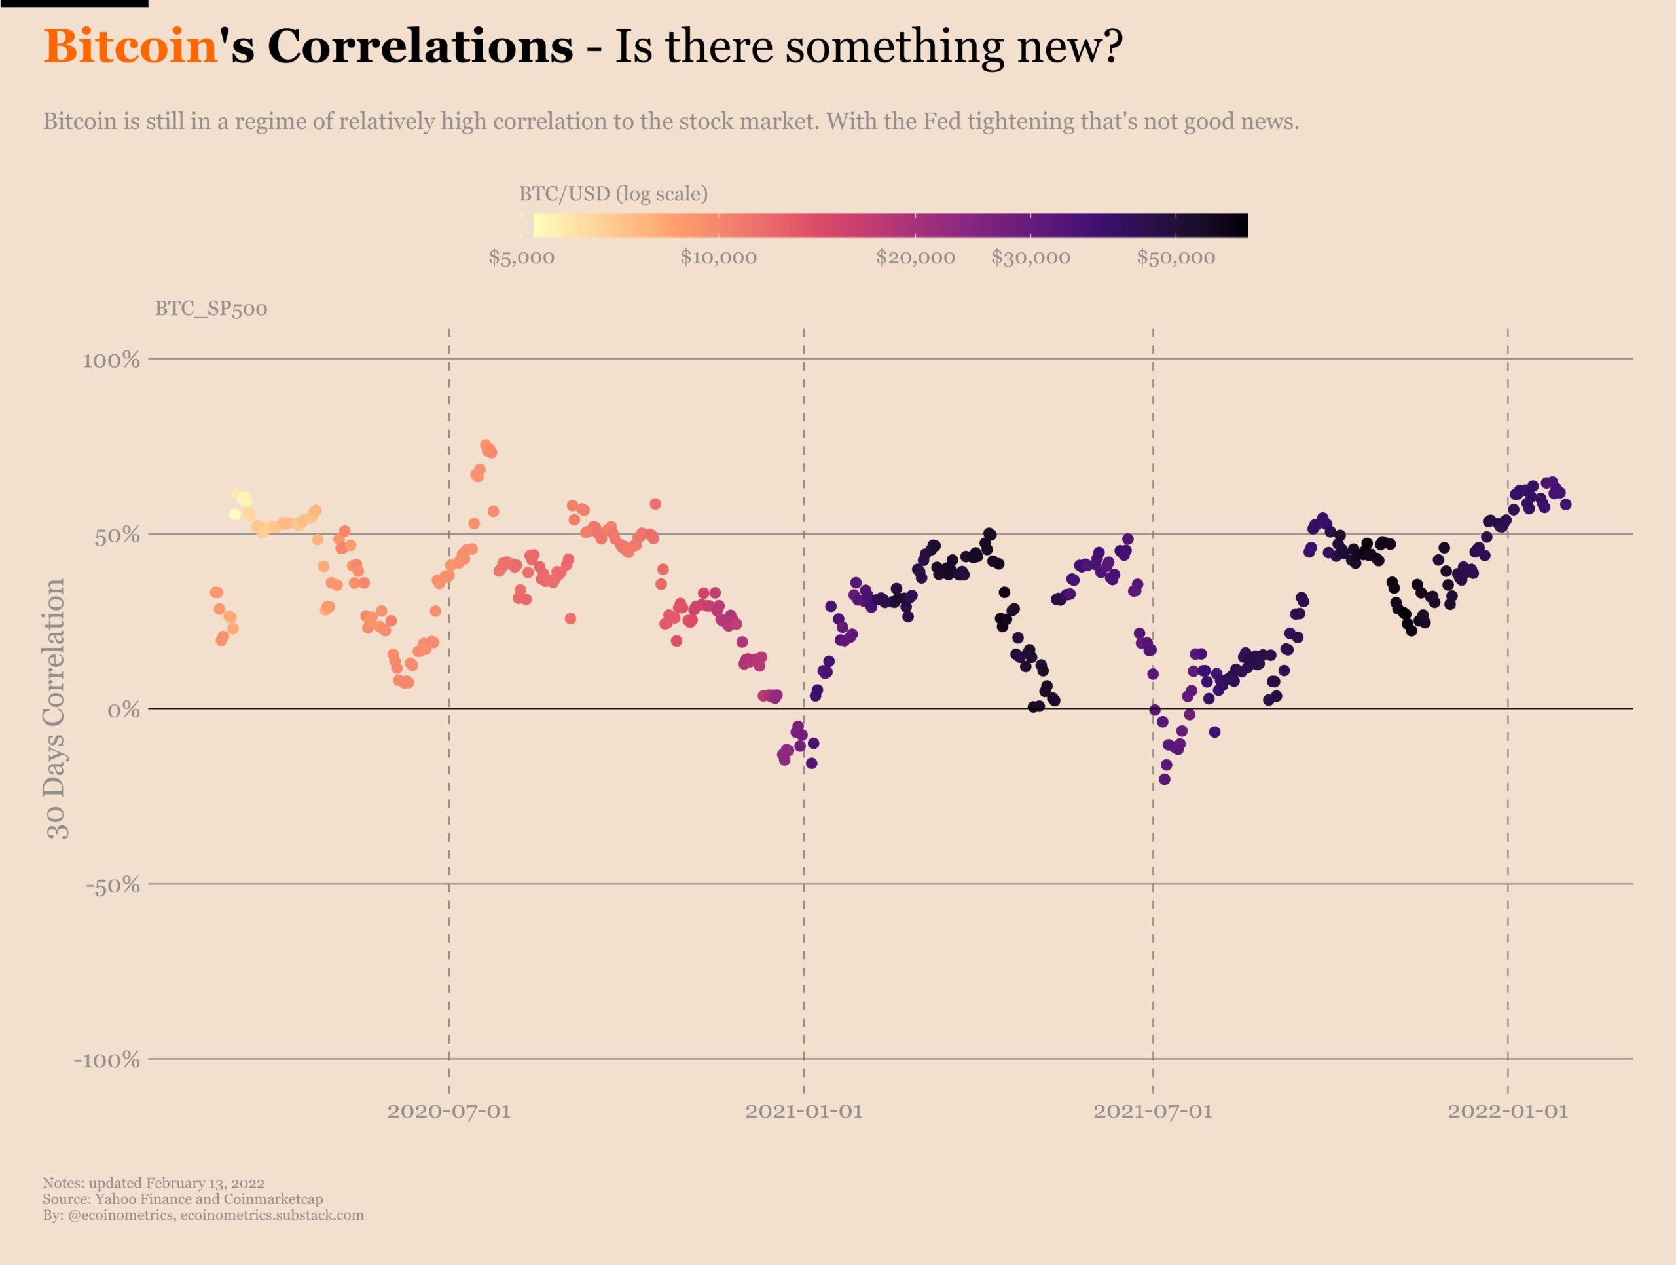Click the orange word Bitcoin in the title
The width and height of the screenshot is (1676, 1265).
pos(131,47)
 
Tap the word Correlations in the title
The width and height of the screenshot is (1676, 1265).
pos(420,47)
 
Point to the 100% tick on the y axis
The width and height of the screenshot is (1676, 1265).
pos(111,360)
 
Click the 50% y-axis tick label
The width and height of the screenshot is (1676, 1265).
pos(117,536)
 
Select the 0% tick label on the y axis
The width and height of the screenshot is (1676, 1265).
pos(124,710)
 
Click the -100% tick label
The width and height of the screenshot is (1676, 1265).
pos(107,1059)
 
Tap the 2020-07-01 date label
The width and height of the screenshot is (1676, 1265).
pos(448,1112)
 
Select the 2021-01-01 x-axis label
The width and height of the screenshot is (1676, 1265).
pos(804,1112)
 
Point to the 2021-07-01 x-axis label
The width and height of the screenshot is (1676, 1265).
pos(1152,1112)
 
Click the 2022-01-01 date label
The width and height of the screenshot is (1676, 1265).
pos(1507,1112)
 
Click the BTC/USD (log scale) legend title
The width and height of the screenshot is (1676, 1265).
pos(613,194)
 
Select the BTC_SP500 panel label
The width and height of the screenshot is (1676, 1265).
pos(211,309)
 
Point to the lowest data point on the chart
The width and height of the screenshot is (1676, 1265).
pos(1165,779)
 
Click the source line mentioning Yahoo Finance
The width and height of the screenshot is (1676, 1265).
pos(183,1199)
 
